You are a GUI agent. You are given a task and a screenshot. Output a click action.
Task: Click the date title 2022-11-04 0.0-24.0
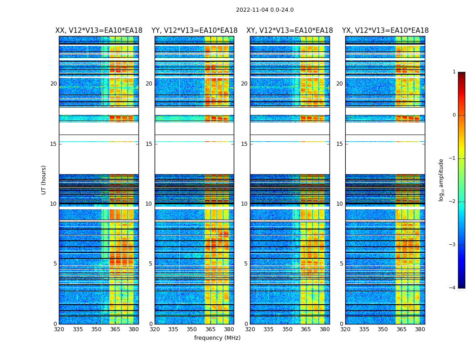(x=265, y=10)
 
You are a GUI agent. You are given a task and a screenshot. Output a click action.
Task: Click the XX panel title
(x=99, y=31)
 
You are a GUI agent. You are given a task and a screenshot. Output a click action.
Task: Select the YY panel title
(x=194, y=31)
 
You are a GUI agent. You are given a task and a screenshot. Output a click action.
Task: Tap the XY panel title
(x=289, y=31)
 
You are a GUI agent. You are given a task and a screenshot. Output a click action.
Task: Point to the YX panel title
(x=385, y=31)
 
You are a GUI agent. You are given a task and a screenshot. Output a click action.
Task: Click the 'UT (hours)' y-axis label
(x=44, y=180)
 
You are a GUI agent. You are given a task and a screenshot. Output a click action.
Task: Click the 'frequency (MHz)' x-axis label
(x=217, y=338)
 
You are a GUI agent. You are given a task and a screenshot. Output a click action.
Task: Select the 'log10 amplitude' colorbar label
(x=441, y=180)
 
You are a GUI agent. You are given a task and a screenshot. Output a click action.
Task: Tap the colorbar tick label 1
(x=454, y=72)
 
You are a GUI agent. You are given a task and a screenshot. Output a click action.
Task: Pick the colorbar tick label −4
(x=453, y=288)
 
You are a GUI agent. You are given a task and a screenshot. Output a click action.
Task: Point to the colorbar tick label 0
(x=454, y=115)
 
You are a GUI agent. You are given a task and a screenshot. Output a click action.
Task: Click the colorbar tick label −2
(x=453, y=202)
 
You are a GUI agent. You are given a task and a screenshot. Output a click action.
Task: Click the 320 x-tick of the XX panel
(x=59, y=329)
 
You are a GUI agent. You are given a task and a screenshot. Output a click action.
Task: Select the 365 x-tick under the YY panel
(x=210, y=329)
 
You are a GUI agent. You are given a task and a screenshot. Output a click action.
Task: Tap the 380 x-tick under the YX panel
(x=420, y=329)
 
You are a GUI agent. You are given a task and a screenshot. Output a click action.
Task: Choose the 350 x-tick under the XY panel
(x=287, y=329)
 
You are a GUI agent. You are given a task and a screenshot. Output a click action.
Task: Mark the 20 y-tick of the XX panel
(x=53, y=84)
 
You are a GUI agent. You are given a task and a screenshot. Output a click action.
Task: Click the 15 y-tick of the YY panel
(x=149, y=144)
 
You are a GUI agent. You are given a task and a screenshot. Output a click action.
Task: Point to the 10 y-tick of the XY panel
(x=244, y=204)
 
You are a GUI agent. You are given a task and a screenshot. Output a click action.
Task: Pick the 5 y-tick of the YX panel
(x=341, y=264)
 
